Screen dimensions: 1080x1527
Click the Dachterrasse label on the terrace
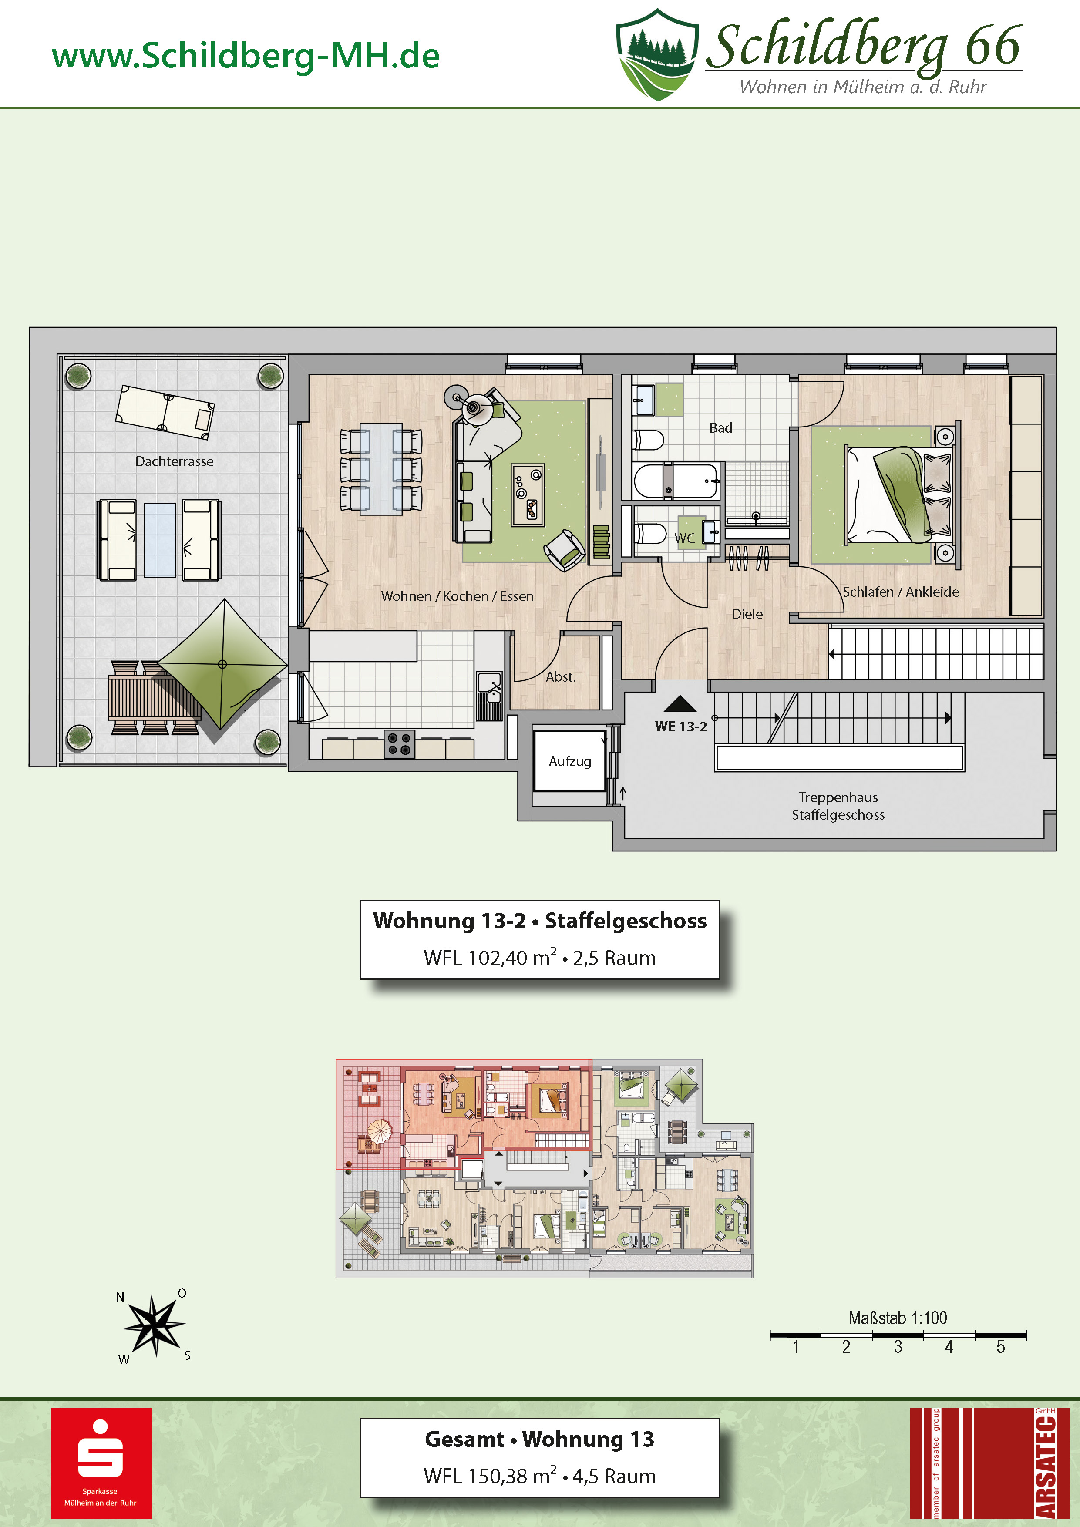[x=174, y=461]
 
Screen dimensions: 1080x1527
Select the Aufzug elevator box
[x=570, y=761]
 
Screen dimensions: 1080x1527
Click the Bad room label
[x=720, y=427]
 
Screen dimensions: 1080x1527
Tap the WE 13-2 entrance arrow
[x=680, y=703]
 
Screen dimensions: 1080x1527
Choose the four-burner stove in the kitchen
[x=399, y=743]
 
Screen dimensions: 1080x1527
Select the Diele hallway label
[x=747, y=614]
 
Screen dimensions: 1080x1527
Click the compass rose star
[x=154, y=1325]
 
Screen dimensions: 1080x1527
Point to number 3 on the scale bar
[x=898, y=1347]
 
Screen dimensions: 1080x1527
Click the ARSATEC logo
[x=989, y=1463]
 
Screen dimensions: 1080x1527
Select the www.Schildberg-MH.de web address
[x=246, y=56]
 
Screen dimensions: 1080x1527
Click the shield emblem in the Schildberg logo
[x=657, y=54]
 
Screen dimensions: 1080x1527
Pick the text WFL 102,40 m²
[x=491, y=957]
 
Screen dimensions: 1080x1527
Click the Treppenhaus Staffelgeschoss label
[x=838, y=806]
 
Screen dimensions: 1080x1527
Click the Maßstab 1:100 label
[x=897, y=1318]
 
